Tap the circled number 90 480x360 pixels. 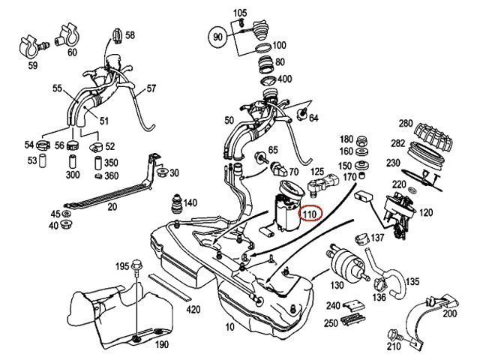point(218,36)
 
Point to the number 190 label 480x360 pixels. point(162,345)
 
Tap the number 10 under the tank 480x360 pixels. point(229,328)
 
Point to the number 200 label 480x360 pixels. point(448,313)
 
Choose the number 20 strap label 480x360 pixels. point(113,207)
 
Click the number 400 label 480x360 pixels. point(284,79)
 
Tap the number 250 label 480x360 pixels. point(331,322)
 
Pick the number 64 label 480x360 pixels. point(313,118)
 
